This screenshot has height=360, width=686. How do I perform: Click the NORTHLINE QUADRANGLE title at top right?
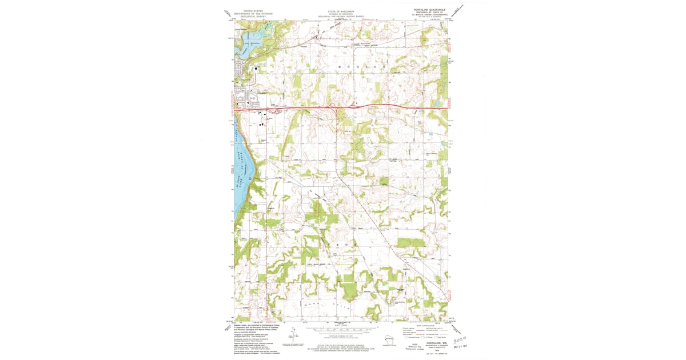pos(425,9)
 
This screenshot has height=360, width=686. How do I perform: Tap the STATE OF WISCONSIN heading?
pos(340,11)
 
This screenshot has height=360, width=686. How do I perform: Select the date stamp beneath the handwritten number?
pos(460,345)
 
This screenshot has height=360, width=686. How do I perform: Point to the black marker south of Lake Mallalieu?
pos(256,67)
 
